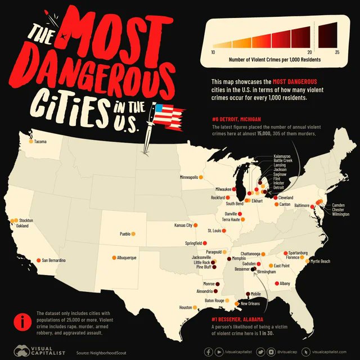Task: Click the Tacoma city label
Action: [x=40, y=141]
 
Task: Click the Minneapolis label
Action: [x=188, y=177]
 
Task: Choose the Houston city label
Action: [x=186, y=308]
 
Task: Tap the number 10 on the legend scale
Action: [x=213, y=52]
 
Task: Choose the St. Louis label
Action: [x=214, y=231]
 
